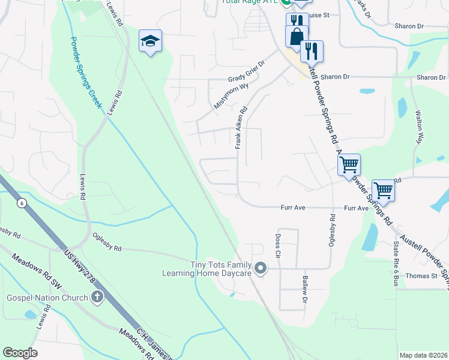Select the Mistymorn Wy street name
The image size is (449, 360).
(231, 96)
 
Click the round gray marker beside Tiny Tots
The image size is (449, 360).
(260, 268)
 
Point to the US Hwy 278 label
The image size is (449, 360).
(81, 273)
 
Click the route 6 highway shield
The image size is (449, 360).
(22, 203)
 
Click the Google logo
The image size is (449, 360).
(20, 352)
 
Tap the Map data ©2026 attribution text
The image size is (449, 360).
(423, 355)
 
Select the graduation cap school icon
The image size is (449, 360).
(150, 41)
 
